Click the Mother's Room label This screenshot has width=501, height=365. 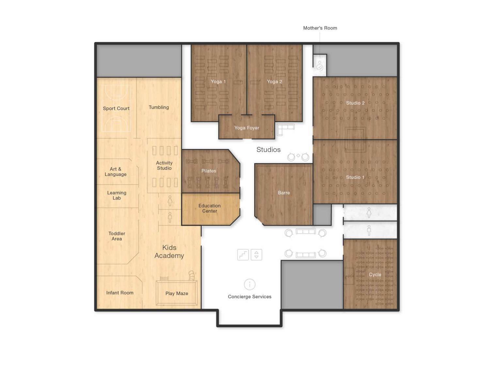[x=320, y=28]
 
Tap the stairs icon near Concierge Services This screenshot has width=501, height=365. [x=243, y=255]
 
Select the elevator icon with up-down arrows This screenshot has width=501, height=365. [x=256, y=255]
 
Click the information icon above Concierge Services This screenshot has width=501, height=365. [x=250, y=284]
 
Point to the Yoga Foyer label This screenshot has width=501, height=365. [x=247, y=128]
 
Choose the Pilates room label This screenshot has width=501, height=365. [x=209, y=171]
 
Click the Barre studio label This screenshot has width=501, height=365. [x=284, y=192]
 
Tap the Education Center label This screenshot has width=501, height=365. [x=210, y=208]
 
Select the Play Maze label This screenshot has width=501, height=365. [x=177, y=293]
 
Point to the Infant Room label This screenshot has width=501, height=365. [x=120, y=293]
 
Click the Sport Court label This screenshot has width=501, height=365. [x=116, y=108]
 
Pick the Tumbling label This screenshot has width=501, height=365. [x=159, y=107]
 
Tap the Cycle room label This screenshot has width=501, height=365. [x=375, y=274]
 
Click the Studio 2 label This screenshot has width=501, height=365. [x=355, y=103]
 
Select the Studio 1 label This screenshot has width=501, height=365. [x=355, y=177]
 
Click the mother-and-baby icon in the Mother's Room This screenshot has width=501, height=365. [x=320, y=66]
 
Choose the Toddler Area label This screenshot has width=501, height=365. [x=117, y=236]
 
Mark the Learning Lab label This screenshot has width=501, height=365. [x=117, y=195]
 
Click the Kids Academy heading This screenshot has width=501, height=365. [x=169, y=252]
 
